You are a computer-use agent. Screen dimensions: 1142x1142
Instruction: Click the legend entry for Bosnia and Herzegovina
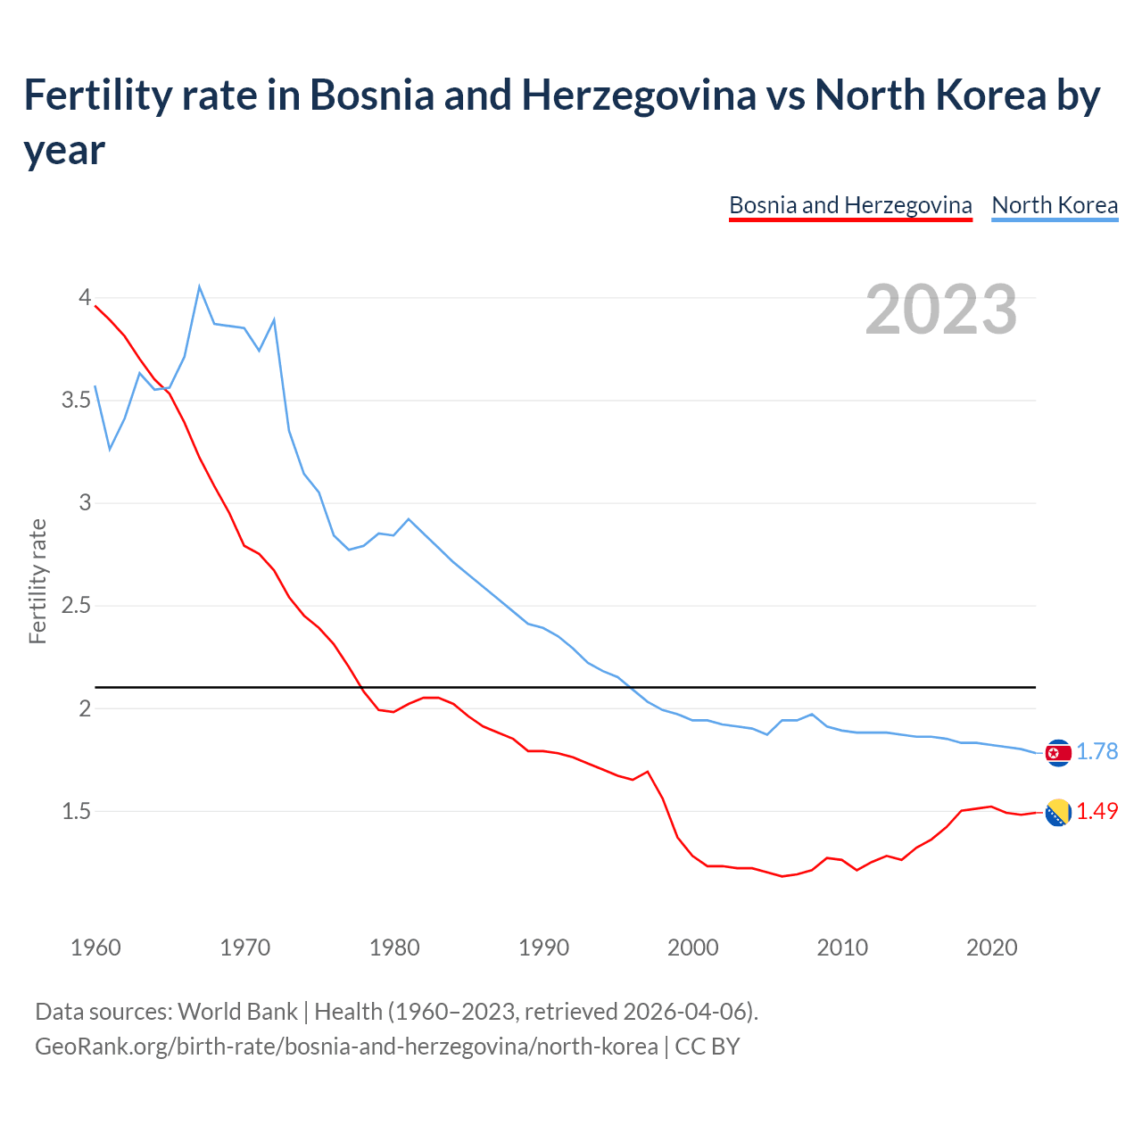(x=850, y=205)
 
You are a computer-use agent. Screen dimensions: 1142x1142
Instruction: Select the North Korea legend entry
(x=1055, y=205)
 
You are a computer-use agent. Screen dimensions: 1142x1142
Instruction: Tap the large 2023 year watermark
(x=941, y=310)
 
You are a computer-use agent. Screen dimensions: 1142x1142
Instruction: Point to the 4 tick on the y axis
(x=86, y=297)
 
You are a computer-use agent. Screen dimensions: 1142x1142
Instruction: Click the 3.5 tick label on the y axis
(x=77, y=400)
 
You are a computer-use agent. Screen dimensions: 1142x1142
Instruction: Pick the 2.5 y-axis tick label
(x=77, y=606)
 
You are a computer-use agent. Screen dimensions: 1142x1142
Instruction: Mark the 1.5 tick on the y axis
(x=77, y=811)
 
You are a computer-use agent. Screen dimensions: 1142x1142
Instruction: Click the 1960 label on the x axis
(x=95, y=948)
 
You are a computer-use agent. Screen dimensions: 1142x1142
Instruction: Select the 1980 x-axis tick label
(x=394, y=948)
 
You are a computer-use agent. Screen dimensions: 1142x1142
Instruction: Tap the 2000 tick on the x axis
(x=693, y=948)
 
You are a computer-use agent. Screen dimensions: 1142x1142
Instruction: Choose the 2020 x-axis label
(x=991, y=948)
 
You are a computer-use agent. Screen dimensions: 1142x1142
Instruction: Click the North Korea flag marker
(x=1057, y=753)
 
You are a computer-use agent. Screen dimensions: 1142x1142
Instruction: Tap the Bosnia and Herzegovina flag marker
(x=1057, y=812)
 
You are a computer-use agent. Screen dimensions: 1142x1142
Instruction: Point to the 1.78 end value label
(x=1096, y=751)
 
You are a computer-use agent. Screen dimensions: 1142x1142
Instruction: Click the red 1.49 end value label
(x=1096, y=811)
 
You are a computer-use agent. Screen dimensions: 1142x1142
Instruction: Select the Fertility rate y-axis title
(x=37, y=581)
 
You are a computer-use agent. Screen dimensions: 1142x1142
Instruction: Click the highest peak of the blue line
(x=200, y=286)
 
